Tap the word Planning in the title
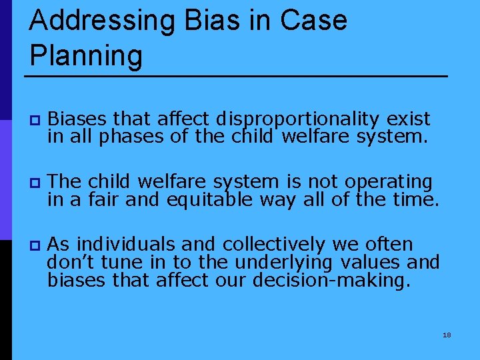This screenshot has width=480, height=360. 86,56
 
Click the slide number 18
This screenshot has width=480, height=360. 447,335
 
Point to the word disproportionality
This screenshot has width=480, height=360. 297,119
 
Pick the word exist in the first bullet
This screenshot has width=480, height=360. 408,119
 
